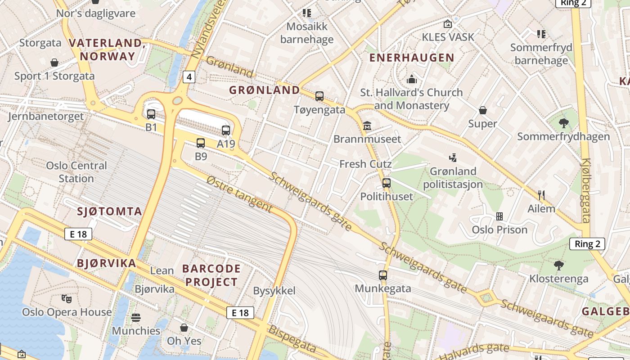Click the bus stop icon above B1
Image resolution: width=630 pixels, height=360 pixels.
click(x=151, y=114)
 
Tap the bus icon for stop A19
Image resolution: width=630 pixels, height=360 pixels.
click(x=226, y=130)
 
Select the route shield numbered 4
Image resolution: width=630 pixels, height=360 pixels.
click(x=189, y=77)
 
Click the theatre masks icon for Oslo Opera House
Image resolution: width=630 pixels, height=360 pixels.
click(x=67, y=298)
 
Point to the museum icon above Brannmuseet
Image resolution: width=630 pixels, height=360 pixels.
click(x=367, y=126)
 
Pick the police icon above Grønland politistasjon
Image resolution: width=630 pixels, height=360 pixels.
click(x=453, y=157)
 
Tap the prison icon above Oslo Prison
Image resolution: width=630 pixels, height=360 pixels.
click(x=499, y=216)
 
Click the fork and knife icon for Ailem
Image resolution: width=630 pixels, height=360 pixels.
click(x=541, y=195)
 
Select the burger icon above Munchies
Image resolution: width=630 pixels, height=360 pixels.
click(x=136, y=318)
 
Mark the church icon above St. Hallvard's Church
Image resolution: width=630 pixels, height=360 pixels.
click(x=411, y=79)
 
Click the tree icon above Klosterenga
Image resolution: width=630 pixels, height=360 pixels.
click(x=559, y=265)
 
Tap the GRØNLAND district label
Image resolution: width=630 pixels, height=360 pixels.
click(x=265, y=90)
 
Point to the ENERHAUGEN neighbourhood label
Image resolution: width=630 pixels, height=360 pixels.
click(x=412, y=58)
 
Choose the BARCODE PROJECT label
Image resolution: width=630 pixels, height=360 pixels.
click(x=211, y=275)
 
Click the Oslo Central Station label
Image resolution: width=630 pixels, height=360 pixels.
click(x=76, y=172)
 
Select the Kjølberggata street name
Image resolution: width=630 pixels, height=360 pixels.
click(x=585, y=190)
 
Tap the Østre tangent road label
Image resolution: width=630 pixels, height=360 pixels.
click(x=239, y=194)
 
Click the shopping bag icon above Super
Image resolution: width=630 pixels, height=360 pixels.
click(x=482, y=110)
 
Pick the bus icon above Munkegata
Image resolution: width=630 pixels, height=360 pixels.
click(x=383, y=275)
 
